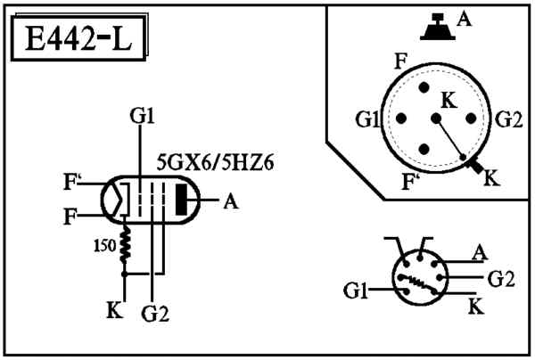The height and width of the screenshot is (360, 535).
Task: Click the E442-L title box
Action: [x=78, y=38]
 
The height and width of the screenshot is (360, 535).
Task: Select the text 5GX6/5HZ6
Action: [x=215, y=163]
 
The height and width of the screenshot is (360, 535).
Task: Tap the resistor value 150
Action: [x=104, y=246]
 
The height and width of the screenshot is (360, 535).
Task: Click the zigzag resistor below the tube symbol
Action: [x=125, y=244]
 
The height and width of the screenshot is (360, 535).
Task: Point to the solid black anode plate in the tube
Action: [x=181, y=200]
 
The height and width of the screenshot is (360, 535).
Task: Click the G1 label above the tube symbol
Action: [x=143, y=116]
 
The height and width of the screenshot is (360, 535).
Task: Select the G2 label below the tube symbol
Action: [x=155, y=314]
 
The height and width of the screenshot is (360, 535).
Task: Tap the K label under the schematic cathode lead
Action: [x=114, y=310]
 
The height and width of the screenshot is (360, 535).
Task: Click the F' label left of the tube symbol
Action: [x=70, y=182]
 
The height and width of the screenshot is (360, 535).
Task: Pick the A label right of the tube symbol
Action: [x=231, y=201]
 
